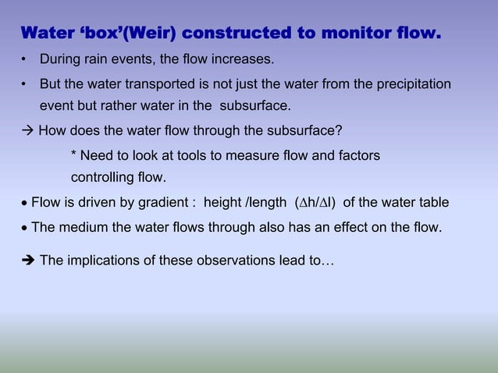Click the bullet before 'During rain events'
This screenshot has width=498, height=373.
[25, 60]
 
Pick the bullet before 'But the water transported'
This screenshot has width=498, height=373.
[25, 83]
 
